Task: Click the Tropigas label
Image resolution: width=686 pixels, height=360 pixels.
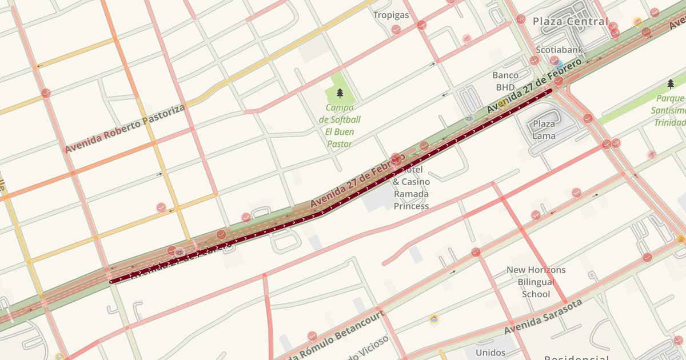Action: click(391, 15)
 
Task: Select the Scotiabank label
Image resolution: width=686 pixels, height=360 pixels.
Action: click(559, 50)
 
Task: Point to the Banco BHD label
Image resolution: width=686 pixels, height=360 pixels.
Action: click(505, 81)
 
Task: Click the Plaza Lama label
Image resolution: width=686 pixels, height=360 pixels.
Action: click(544, 130)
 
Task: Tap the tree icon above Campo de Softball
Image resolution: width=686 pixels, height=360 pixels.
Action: click(340, 93)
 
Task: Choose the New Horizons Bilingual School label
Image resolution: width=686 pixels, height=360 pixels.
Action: click(536, 282)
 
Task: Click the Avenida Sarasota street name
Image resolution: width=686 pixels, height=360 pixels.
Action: click(543, 317)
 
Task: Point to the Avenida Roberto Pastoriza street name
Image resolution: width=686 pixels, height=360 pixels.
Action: click(124, 129)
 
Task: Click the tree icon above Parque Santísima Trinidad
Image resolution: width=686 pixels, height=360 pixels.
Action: click(671, 84)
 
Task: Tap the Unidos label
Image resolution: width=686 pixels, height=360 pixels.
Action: click(490, 352)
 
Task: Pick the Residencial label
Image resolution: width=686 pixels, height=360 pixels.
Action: click(576, 357)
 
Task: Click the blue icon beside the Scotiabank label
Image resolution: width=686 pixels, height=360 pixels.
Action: click(559, 65)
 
